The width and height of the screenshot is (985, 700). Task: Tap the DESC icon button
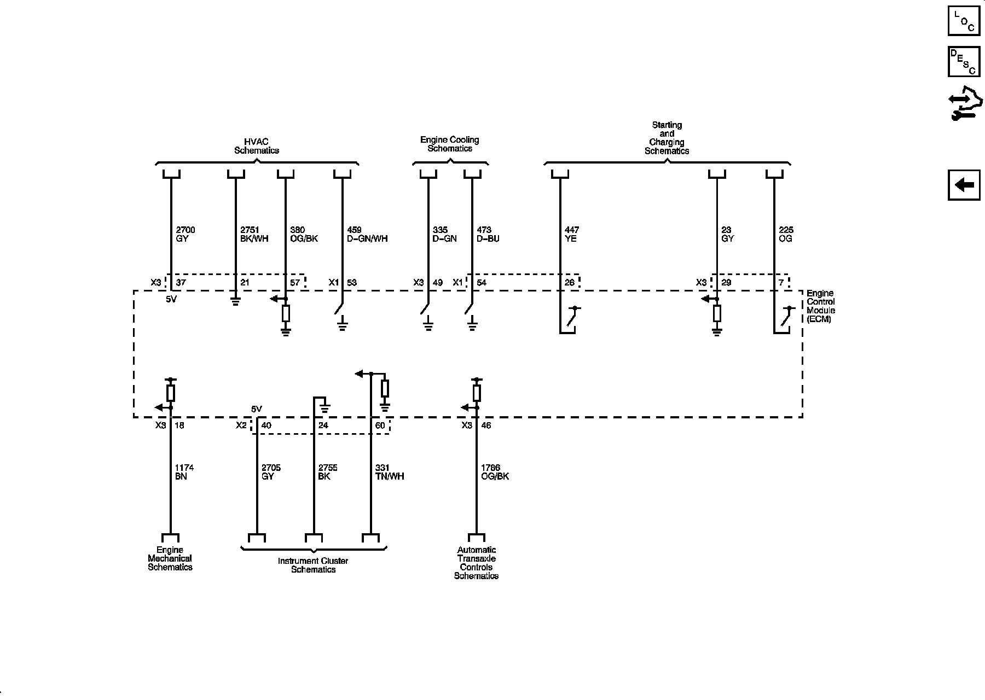(x=964, y=62)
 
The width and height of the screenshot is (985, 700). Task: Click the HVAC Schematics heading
(x=256, y=146)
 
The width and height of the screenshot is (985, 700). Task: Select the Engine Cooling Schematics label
(x=449, y=144)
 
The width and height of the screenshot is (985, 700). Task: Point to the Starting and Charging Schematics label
(x=667, y=138)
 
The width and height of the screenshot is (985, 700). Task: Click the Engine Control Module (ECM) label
(x=821, y=306)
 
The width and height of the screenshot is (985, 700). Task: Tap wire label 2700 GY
(x=185, y=234)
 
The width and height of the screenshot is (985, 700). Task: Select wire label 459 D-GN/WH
(x=367, y=234)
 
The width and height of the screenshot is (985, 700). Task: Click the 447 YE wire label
(x=571, y=234)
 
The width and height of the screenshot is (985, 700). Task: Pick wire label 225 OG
(x=786, y=234)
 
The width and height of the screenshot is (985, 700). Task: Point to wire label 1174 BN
(x=184, y=472)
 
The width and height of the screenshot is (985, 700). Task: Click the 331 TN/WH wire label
(x=390, y=472)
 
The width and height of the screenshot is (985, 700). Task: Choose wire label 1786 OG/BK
(x=495, y=472)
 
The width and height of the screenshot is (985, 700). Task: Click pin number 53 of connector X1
(x=351, y=283)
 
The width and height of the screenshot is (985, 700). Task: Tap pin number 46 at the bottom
(x=486, y=425)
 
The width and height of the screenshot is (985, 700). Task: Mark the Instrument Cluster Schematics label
(x=313, y=565)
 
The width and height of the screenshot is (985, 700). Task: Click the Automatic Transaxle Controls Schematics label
(x=476, y=563)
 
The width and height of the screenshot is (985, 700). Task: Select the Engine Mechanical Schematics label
(x=170, y=558)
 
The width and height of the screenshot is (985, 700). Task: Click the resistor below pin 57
(x=286, y=313)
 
